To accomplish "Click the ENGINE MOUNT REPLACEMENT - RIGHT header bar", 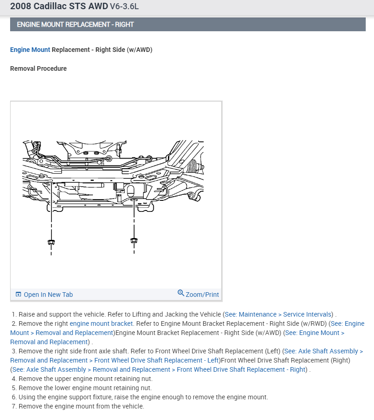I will click(x=188, y=24).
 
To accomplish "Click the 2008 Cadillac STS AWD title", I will click(x=58, y=6).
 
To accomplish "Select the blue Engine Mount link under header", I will click(x=30, y=50).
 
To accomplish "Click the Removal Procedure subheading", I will click(x=38, y=68).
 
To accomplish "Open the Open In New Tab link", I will click(x=48, y=295).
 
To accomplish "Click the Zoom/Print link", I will click(x=202, y=295).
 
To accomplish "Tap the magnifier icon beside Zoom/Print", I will click(x=181, y=293).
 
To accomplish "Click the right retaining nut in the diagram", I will click(x=134, y=240).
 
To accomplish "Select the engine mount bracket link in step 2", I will click(x=101, y=324).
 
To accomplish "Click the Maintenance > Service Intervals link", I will click(x=285, y=314).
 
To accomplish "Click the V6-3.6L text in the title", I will click(x=124, y=7).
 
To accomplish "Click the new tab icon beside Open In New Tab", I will click(x=18, y=295).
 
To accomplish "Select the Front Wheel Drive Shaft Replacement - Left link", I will click(x=156, y=360).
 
